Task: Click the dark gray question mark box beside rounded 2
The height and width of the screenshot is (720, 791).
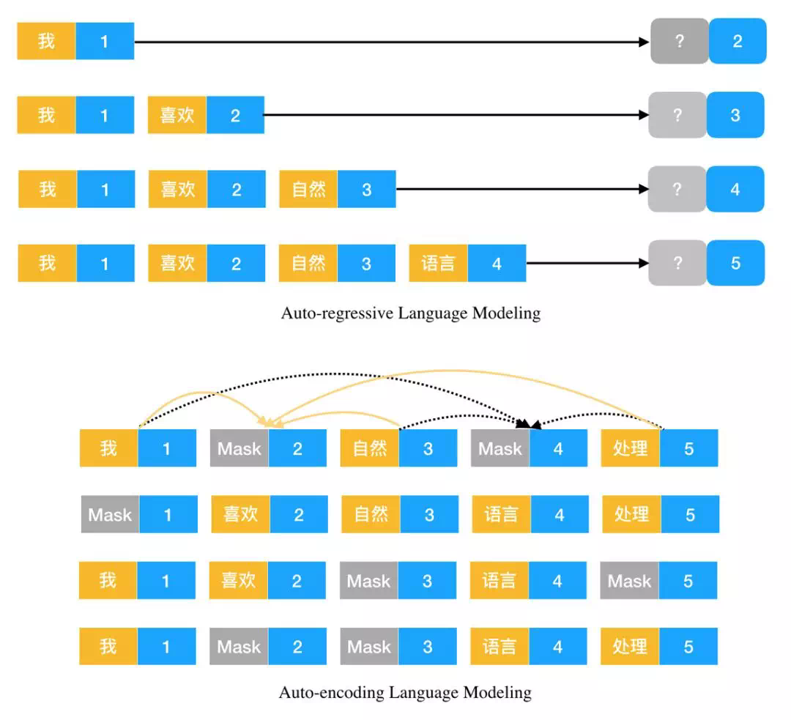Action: [680, 41]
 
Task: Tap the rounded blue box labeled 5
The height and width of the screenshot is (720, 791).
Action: [735, 263]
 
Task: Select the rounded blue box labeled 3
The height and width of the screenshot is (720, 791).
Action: [735, 115]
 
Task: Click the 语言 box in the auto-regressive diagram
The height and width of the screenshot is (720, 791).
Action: [438, 263]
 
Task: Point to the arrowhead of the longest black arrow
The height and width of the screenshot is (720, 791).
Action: [645, 42]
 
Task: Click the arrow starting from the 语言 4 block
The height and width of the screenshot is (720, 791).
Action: [586, 263]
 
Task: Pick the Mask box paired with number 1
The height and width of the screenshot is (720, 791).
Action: [110, 514]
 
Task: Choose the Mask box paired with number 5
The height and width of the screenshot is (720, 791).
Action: [629, 581]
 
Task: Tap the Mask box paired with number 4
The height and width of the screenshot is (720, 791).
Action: [500, 448]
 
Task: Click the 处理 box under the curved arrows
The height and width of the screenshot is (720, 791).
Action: [630, 448]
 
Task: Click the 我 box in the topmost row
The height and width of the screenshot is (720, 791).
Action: [46, 41]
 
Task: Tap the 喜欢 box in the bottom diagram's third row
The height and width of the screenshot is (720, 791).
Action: [238, 581]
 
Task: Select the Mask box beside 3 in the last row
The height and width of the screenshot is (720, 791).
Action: [369, 647]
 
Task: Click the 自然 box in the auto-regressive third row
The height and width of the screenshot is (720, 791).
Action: [308, 189]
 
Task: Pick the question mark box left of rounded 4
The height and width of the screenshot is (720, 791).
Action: [677, 189]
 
